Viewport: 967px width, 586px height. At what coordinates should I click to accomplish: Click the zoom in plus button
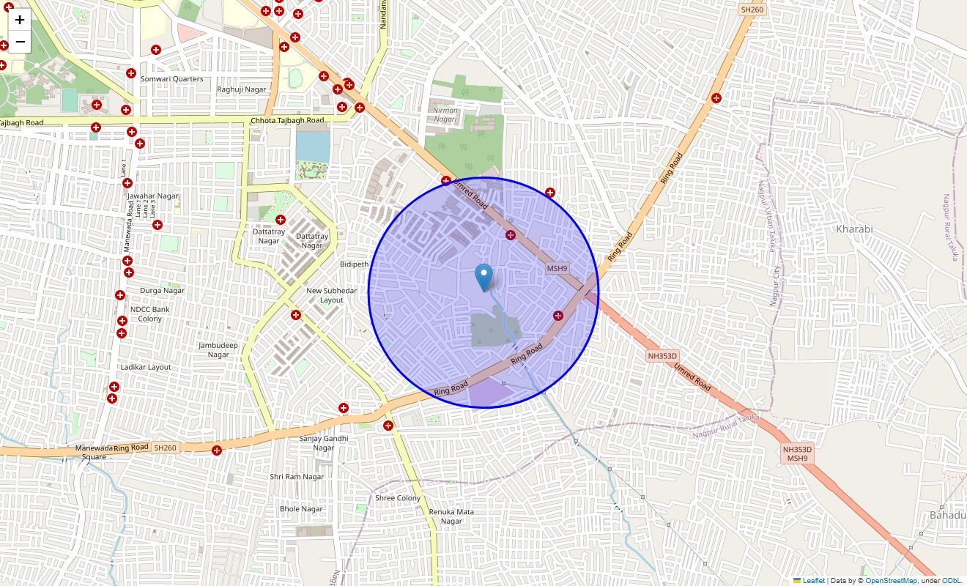pyautogui.click(x=20, y=20)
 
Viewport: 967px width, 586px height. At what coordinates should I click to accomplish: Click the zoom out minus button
pyautogui.click(x=20, y=42)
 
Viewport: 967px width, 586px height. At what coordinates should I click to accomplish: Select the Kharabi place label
pyautogui.click(x=854, y=229)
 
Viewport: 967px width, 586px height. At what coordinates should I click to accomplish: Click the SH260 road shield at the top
pyautogui.click(x=751, y=10)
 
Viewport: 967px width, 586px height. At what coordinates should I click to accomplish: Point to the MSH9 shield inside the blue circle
pyautogui.click(x=557, y=269)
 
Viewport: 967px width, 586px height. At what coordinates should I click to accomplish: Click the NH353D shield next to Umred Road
pyautogui.click(x=662, y=356)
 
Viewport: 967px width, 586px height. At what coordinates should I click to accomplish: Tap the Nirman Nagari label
pyautogui.click(x=445, y=115)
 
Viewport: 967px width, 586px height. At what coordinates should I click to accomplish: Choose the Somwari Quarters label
pyautogui.click(x=172, y=79)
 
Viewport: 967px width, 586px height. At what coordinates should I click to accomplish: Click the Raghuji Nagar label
pyautogui.click(x=242, y=89)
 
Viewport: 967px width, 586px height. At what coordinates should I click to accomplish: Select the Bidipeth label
pyautogui.click(x=355, y=264)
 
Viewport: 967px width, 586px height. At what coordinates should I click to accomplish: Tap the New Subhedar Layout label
pyautogui.click(x=331, y=295)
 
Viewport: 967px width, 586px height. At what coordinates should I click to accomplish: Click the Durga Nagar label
pyautogui.click(x=163, y=291)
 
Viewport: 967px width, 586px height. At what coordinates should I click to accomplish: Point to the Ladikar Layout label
pyautogui.click(x=145, y=367)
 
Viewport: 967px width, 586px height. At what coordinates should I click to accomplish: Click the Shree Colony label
pyautogui.click(x=398, y=498)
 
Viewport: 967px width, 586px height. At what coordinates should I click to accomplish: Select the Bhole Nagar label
pyautogui.click(x=301, y=509)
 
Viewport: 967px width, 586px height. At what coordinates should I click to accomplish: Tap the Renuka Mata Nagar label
pyautogui.click(x=451, y=516)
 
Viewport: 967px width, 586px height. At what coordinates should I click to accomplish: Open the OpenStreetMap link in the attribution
pyautogui.click(x=891, y=581)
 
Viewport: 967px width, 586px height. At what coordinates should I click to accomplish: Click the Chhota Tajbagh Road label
pyautogui.click(x=287, y=120)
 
